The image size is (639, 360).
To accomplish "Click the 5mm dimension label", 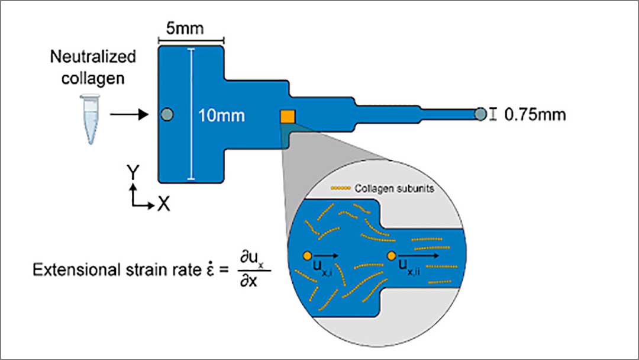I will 191,30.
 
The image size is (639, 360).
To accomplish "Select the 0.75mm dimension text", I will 535,114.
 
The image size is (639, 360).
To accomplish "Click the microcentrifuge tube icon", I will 89,121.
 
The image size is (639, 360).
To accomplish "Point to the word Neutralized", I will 92,57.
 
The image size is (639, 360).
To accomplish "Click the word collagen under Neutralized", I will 92,78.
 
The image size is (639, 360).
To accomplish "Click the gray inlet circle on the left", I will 167,114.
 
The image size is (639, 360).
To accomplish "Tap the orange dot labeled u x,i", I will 306,256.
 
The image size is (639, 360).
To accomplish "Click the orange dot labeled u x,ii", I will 391,256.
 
